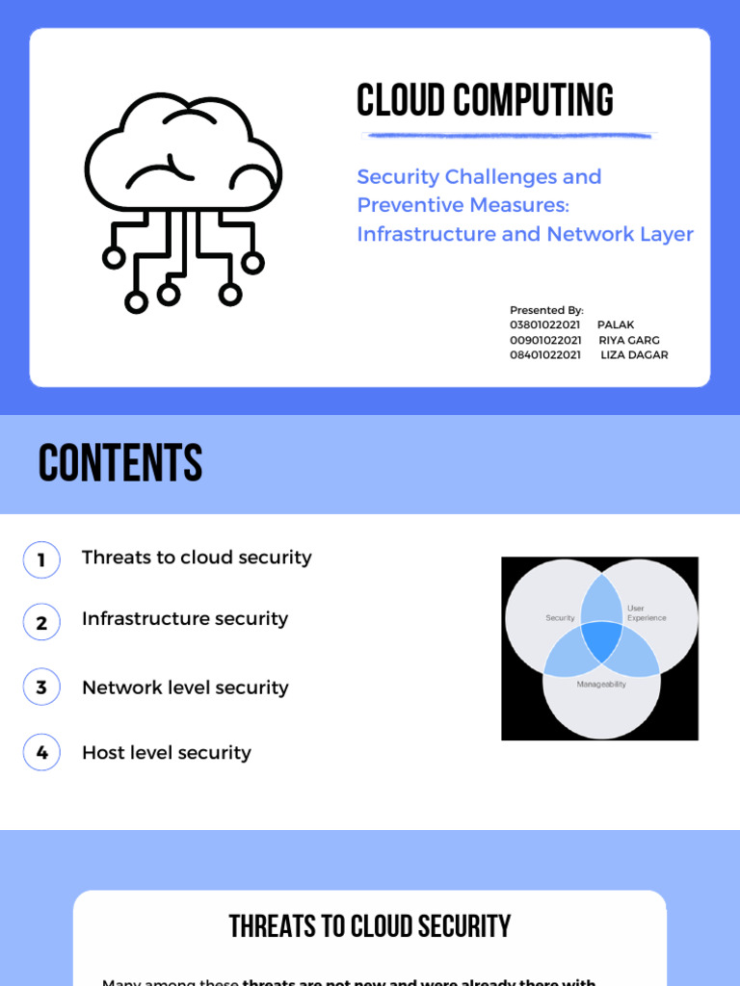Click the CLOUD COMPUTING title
[x=485, y=100]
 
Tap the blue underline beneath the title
[x=507, y=135]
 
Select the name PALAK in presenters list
[x=616, y=325]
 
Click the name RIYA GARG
[x=629, y=340]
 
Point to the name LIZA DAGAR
[x=634, y=354]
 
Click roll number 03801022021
[x=545, y=325]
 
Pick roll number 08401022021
[x=545, y=354]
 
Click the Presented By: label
[x=546, y=310]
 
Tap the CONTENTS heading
[x=120, y=464]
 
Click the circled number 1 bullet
[x=41, y=559]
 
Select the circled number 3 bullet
[x=41, y=688]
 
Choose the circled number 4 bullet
[x=41, y=753]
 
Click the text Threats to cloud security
[x=197, y=558]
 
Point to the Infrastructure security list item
[x=185, y=618]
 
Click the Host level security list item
[x=167, y=753]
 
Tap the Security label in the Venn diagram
[x=560, y=618]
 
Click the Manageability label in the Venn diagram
[x=601, y=684]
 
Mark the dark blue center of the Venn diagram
[x=601, y=640]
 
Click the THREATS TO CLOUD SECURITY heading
[x=370, y=926]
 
